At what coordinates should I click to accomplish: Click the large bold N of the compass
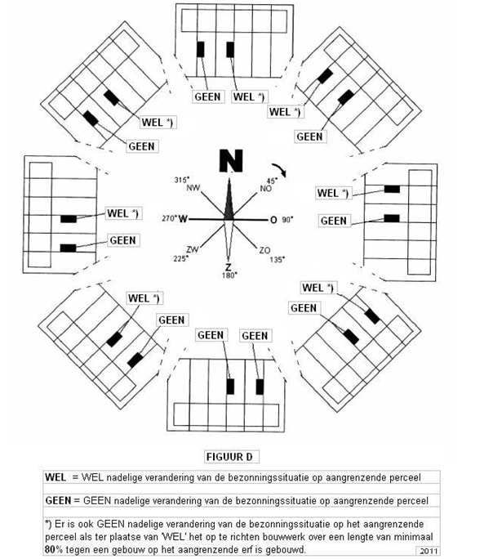coord(231,161)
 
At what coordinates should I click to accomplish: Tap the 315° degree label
coord(182,180)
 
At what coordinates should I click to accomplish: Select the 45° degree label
coord(273,181)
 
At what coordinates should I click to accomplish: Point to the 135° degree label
coord(278,260)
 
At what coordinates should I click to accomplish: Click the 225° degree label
coord(180,258)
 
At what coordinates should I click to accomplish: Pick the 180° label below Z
coord(229,275)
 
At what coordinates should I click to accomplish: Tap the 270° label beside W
coord(169,218)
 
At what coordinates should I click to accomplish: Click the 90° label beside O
coord(287,220)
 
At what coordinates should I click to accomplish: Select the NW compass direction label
coord(193,188)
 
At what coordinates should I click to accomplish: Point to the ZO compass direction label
coord(264,250)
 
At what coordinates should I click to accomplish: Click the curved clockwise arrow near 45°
coord(279,170)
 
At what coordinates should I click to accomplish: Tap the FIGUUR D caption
coord(229,457)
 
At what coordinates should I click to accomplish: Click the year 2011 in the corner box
coord(428,551)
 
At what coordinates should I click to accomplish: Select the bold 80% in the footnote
coord(53,549)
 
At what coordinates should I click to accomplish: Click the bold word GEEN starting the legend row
coord(58,500)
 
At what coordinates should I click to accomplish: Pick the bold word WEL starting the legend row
coord(56,477)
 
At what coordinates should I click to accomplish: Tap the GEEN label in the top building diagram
coord(208,96)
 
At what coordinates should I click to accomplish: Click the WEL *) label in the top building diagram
coord(248,96)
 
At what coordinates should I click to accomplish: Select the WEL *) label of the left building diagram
coord(123,213)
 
